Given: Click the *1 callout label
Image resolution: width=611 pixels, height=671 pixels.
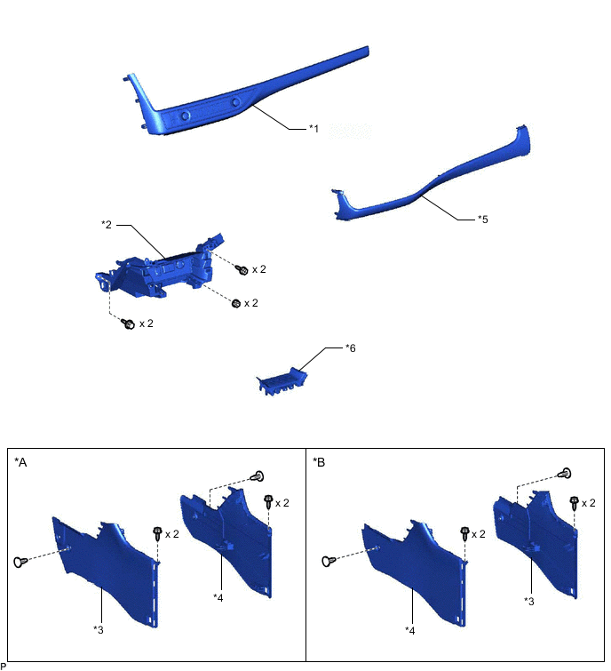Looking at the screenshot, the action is (x=313, y=128).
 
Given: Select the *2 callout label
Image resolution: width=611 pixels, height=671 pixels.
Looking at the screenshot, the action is (x=107, y=225).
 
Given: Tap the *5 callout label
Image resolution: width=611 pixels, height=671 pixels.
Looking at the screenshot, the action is (x=483, y=220).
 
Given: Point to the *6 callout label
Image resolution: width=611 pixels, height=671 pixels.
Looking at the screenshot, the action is (x=351, y=348).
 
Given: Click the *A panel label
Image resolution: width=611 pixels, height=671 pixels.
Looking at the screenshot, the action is (x=20, y=462).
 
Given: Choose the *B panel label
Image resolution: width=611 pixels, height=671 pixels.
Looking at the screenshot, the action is (x=319, y=462).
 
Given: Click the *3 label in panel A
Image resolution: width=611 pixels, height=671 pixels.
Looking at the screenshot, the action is (x=99, y=629).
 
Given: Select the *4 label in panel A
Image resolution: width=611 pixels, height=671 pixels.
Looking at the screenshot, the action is (x=218, y=598).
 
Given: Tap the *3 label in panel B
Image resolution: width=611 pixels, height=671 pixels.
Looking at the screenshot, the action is (x=529, y=602).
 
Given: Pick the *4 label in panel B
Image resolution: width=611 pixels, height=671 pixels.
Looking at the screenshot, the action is (x=409, y=630).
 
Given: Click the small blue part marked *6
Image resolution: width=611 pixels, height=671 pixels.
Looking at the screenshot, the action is (x=282, y=381).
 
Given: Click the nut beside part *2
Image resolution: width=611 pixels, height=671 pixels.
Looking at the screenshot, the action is (x=236, y=303).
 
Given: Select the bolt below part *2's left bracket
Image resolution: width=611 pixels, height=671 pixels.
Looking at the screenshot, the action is (x=128, y=324).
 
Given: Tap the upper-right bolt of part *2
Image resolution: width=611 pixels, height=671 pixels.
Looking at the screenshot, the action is (x=242, y=269).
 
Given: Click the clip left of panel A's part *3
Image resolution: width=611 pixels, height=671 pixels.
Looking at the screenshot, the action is (x=20, y=562).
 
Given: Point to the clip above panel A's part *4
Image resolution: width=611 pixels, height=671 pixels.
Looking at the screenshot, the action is (x=257, y=475).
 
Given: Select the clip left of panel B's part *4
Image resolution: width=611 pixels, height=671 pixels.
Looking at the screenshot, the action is (x=329, y=561).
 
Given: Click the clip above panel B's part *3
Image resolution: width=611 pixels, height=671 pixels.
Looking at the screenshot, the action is (x=565, y=474).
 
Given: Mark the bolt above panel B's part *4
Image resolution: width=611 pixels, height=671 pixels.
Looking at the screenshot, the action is (x=464, y=532).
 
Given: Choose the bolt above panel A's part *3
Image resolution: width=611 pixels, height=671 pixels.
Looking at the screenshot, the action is (x=157, y=533).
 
